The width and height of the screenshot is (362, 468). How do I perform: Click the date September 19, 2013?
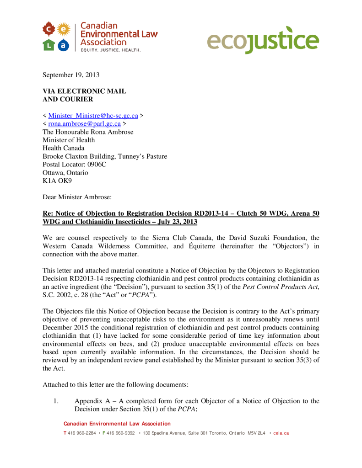(71, 74)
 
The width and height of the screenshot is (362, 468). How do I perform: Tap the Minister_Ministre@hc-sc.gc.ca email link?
(93, 116)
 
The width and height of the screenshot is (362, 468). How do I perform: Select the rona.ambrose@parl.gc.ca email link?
(84, 123)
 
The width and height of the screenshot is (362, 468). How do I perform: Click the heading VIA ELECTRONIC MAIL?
(84, 91)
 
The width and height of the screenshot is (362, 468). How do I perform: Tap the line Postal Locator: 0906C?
(74, 164)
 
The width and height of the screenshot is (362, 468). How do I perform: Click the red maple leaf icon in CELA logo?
(49, 30)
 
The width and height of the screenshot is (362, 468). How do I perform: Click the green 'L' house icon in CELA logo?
(49, 44)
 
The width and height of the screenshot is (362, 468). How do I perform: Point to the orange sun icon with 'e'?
(64, 30)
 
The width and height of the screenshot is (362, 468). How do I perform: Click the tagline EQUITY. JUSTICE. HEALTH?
(110, 49)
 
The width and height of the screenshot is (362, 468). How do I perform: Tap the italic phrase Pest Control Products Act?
(280, 287)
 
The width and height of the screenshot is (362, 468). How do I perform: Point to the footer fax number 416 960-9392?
(121, 433)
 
